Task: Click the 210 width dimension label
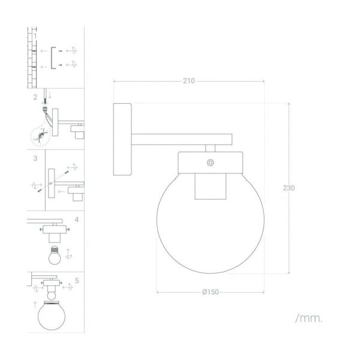coord(189,81)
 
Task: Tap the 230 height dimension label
coord(289,188)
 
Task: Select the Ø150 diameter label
coord(211,292)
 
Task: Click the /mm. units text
coord(309,318)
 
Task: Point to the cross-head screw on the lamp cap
coord(211,163)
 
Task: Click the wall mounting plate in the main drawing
coord(122,139)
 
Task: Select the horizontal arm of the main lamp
coord(182,139)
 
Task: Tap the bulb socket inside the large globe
coord(211,186)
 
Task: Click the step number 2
coord(35,97)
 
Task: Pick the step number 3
coord(35,158)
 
